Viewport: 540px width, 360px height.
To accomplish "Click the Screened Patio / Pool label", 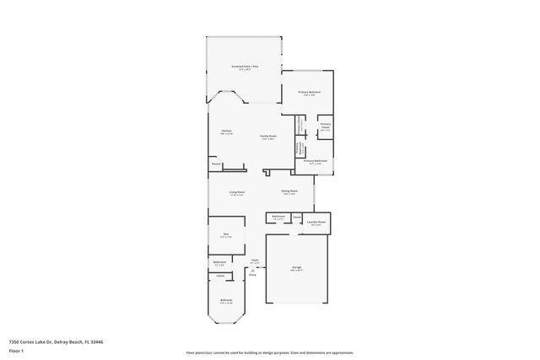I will point(245,66).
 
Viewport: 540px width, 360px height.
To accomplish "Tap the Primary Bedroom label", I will point(308,92).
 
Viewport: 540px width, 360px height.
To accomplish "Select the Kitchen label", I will point(226,132).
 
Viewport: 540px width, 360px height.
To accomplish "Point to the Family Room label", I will point(269,137).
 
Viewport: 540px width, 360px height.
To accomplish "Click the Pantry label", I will point(216,164).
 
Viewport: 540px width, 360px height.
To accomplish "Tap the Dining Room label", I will point(289,191).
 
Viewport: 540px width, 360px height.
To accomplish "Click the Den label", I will point(225,235).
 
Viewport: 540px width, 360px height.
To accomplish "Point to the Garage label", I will point(297,267).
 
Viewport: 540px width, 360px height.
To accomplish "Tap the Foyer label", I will point(255,261).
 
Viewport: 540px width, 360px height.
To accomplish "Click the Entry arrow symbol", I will point(252,269).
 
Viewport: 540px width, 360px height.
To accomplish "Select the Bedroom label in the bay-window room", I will point(226,300).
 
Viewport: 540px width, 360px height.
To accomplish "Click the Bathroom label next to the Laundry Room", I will point(278,217).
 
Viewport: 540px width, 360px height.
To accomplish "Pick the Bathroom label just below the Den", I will point(219,262).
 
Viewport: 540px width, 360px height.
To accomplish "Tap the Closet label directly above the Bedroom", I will point(220,276).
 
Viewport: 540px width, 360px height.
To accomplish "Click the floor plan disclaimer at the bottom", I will point(269,352).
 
